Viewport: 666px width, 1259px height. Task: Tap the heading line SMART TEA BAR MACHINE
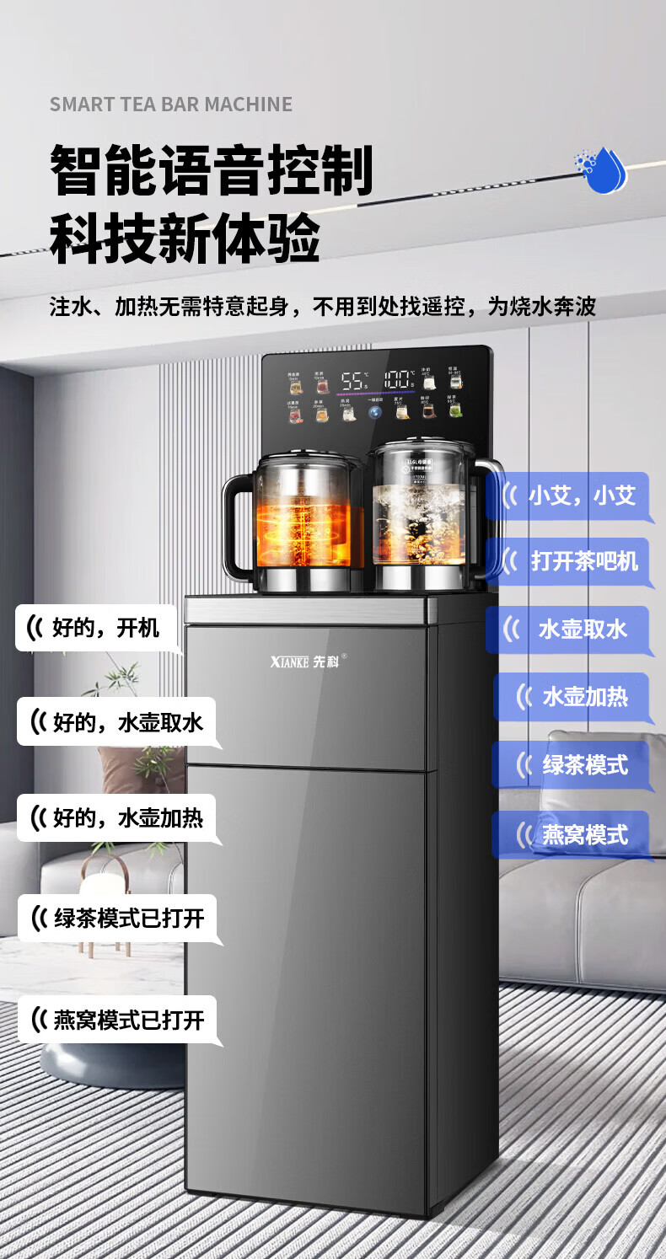point(171,104)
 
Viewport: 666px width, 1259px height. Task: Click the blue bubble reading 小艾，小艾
point(569,496)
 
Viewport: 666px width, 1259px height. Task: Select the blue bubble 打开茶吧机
point(569,562)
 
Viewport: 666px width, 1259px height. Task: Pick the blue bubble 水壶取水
point(569,629)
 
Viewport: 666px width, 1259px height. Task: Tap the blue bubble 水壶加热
point(573,697)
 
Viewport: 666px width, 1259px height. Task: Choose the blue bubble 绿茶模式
point(573,765)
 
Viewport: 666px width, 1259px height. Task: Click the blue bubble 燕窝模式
point(573,835)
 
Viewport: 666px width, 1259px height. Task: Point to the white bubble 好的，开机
point(96,628)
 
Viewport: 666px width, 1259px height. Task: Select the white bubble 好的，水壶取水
point(116,722)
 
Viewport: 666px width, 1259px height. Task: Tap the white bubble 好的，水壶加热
point(116,818)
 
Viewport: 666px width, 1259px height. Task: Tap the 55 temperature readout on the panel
point(353,381)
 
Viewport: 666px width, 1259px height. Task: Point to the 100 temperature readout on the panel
point(400,380)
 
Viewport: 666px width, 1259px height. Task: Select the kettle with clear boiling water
point(419,518)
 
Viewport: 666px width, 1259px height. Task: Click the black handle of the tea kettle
point(236,527)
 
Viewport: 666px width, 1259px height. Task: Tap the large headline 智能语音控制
point(212,169)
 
